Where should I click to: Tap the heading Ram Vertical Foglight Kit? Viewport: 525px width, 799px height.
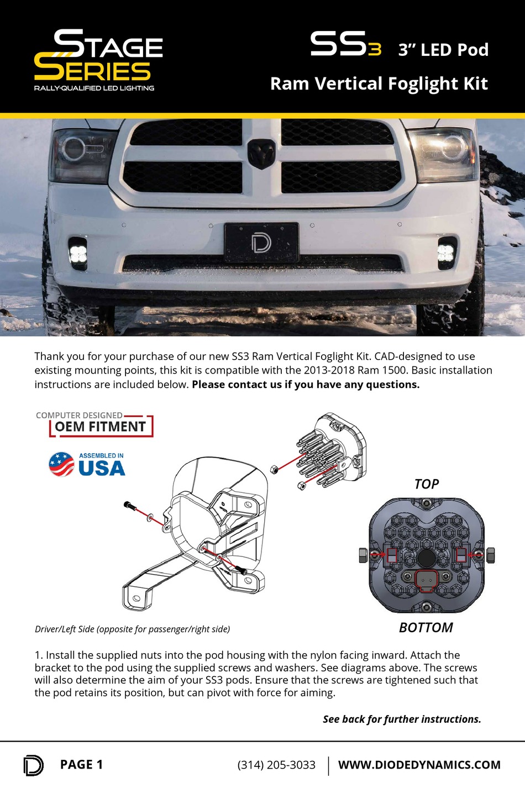[379, 83]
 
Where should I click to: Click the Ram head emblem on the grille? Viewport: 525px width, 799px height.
[261, 153]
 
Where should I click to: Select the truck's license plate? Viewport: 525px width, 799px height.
[261, 243]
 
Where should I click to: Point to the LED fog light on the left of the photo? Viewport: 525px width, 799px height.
[78, 253]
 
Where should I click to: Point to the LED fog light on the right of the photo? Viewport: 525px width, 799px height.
[446, 253]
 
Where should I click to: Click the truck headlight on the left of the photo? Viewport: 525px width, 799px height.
[82, 155]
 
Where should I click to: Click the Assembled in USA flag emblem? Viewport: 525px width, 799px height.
[61, 464]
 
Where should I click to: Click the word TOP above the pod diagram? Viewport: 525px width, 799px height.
[426, 484]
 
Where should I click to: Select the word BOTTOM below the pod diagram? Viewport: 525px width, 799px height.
[426, 628]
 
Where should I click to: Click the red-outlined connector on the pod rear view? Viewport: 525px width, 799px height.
[426, 581]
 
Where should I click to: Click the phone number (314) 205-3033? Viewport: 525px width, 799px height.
[276, 765]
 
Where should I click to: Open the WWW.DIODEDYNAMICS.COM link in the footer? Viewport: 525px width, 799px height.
[419, 765]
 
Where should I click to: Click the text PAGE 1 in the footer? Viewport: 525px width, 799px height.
[81, 764]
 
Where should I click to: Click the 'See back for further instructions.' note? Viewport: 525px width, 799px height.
[402, 719]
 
